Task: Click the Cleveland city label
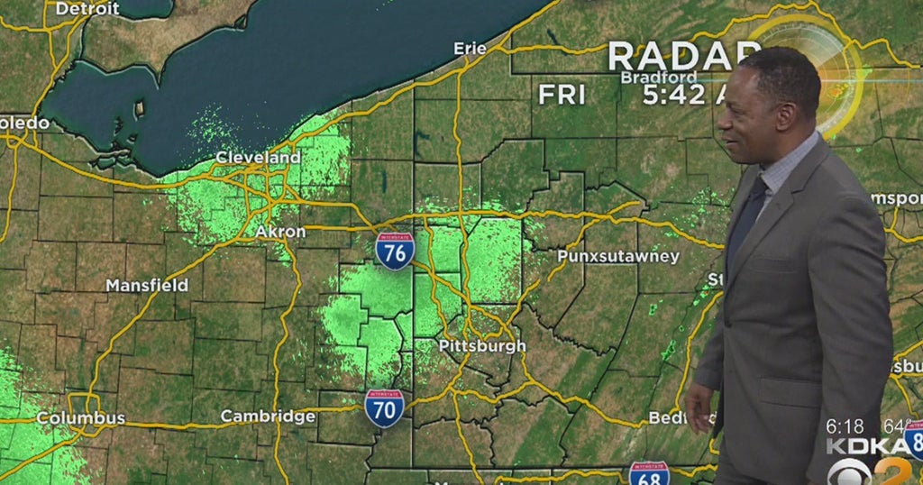pyautogui.click(x=258, y=158)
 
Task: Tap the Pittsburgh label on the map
pyautogui.click(x=481, y=346)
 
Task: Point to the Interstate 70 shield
pyautogui.click(x=384, y=407)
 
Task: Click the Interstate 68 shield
pyautogui.click(x=649, y=474)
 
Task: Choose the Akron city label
pyautogui.click(x=280, y=232)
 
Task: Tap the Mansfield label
pyautogui.click(x=147, y=285)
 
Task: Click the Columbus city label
pyautogui.click(x=81, y=418)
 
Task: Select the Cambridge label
pyautogui.click(x=269, y=416)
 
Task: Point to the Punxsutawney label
pyautogui.click(x=617, y=257)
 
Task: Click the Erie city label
pyautogui.click(x=470, y=49)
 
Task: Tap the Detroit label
pyautogui.click(x=87, y=8)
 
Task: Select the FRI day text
pyautogui.click(x=562, y=94)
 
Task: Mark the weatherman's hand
pyautogui.click(x=699, y=406)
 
